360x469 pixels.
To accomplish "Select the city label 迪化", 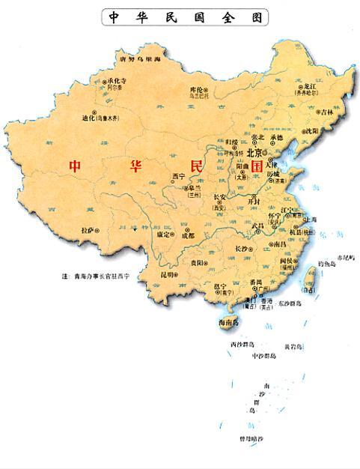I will point(90,118).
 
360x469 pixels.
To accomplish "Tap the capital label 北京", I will point(255,152).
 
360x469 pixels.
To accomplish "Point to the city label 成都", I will point(187,236).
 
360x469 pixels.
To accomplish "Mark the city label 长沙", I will point(241,247).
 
